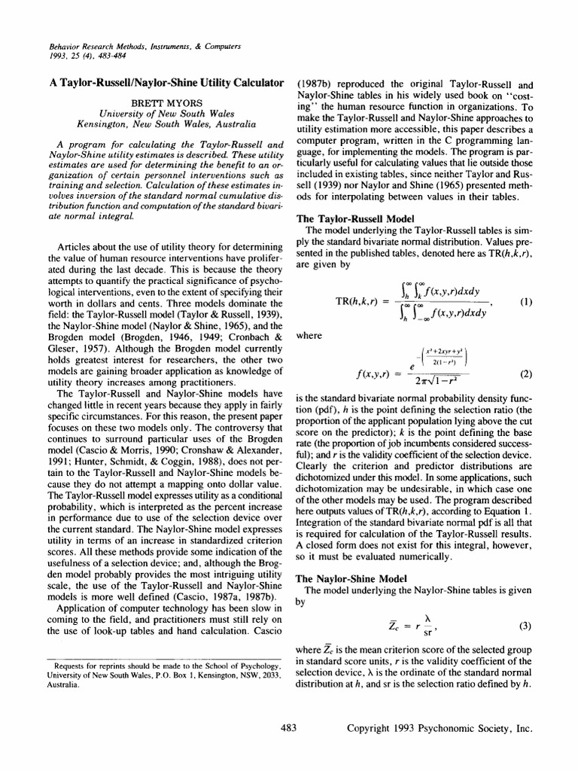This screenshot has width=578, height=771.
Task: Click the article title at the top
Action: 165,82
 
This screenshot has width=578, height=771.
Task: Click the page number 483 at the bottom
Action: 289,727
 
